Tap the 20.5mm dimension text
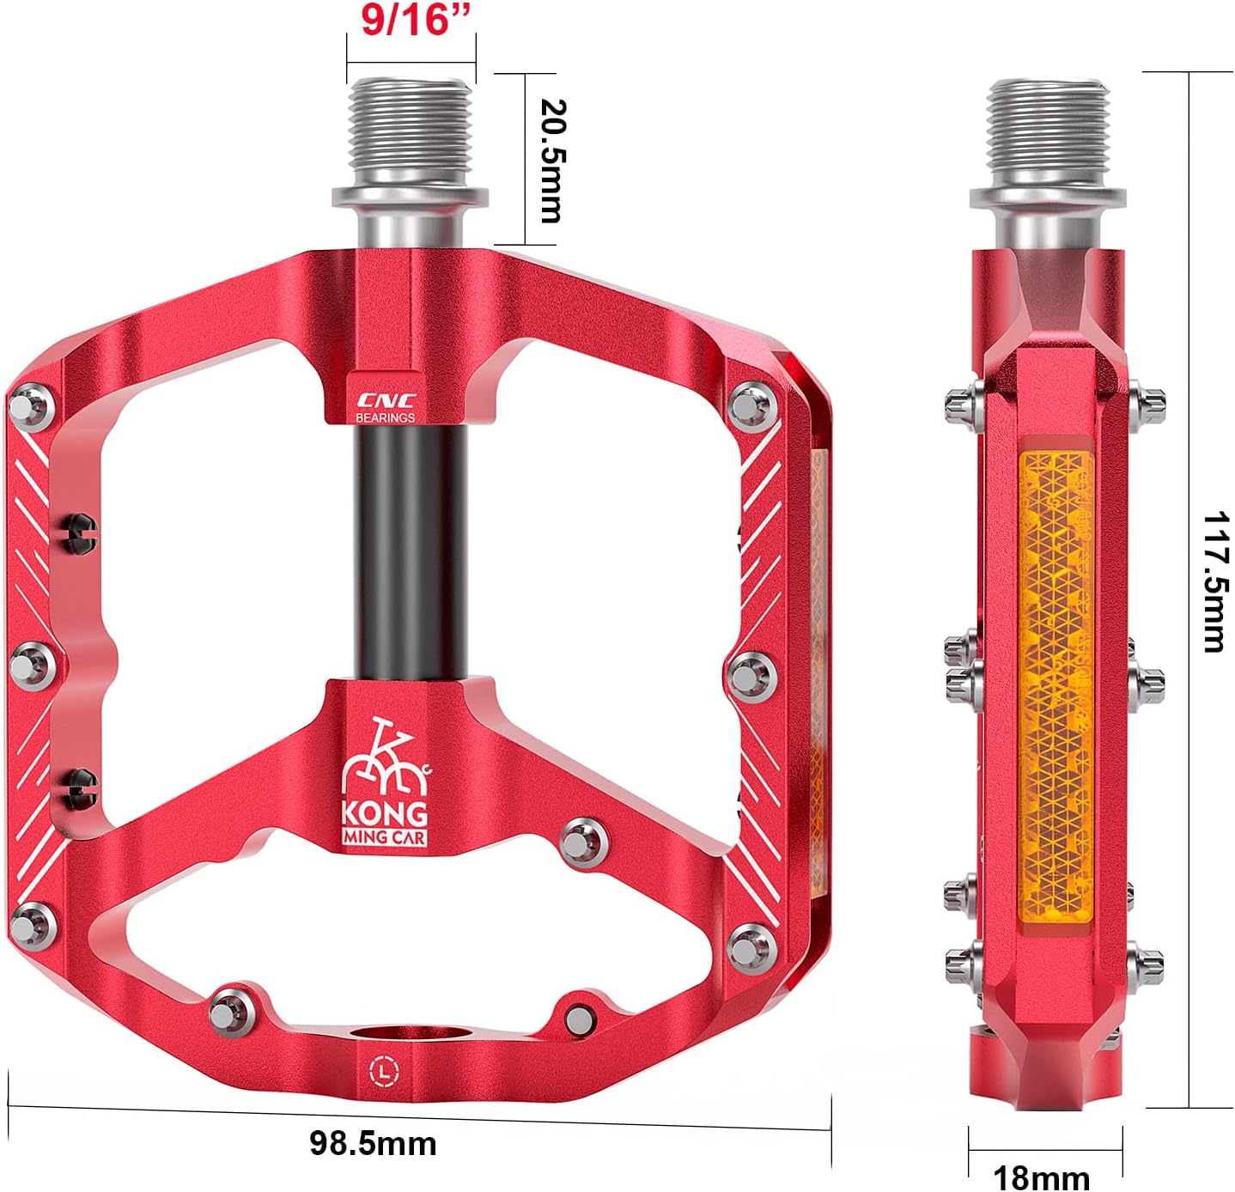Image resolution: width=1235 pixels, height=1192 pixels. point(551,161)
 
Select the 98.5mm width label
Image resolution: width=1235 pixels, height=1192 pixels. point(373,1143)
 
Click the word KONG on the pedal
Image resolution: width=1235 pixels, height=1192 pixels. point(385,812)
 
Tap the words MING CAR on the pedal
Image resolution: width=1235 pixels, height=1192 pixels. point(385,837)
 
